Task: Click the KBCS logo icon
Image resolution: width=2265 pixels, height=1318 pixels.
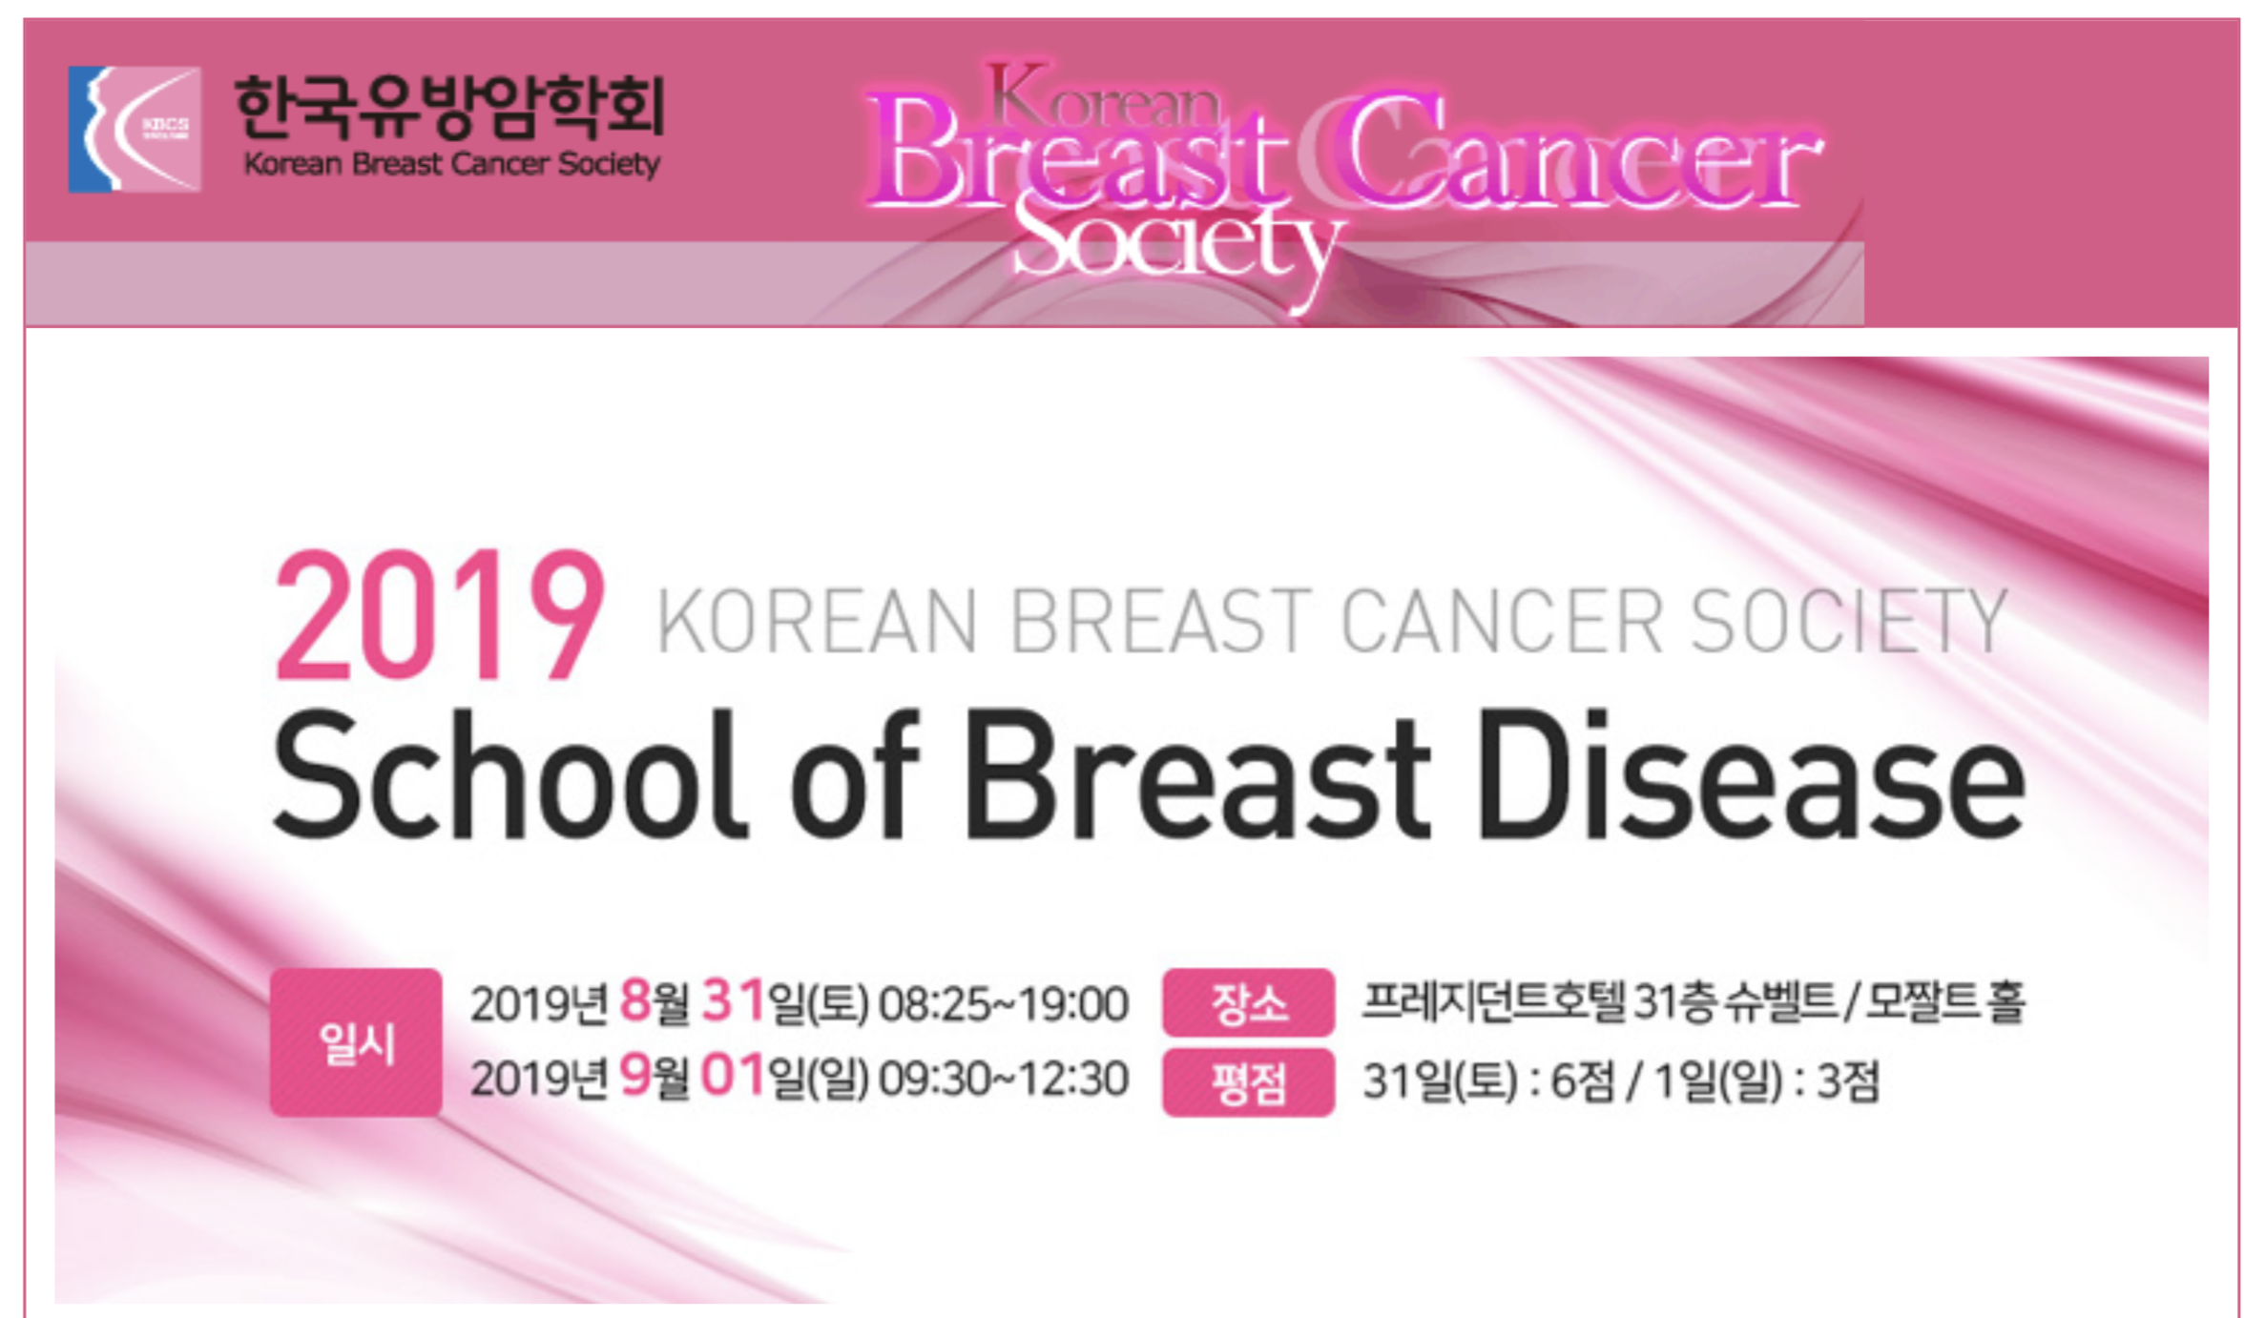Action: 135,129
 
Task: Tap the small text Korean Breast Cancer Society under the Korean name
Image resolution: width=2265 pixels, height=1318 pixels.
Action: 451,164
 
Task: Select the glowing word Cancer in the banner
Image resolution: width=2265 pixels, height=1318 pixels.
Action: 1579,153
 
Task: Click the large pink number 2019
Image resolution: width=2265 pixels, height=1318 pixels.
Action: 439,616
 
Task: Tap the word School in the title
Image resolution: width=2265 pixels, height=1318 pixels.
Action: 510,775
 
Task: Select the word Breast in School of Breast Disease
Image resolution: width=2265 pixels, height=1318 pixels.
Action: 1197,775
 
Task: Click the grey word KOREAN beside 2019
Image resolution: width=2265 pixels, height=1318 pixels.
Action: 817,622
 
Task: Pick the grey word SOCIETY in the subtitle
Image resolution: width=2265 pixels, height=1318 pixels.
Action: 1849,622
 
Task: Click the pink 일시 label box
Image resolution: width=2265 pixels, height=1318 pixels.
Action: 356,1042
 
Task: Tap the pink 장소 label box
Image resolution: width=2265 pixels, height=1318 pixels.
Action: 1248,1002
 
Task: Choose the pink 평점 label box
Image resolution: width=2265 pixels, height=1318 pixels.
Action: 1248,1082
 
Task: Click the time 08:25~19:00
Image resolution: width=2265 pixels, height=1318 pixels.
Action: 1004,1004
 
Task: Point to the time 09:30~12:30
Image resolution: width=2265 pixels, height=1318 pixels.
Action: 1004,1080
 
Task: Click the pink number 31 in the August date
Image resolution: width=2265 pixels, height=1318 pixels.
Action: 734,1001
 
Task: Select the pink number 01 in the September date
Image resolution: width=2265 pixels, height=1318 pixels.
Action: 734,1076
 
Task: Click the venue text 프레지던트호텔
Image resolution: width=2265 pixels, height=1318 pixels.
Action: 1495,1001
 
